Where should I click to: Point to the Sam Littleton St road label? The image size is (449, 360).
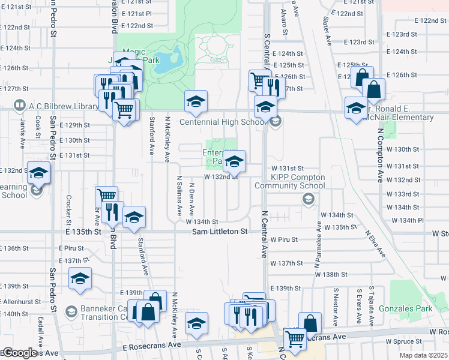click(x=220, y=232)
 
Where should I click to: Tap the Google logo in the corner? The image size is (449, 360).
click(x=19, y=353)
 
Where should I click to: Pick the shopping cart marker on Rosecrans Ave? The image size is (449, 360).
click(x=295, y=339)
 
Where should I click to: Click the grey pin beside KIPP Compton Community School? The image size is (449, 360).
click(x=309, y=200)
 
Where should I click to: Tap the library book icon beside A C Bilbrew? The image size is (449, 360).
click(x=19, y=106)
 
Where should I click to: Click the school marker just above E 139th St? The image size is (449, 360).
click(x=80, y=279)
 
